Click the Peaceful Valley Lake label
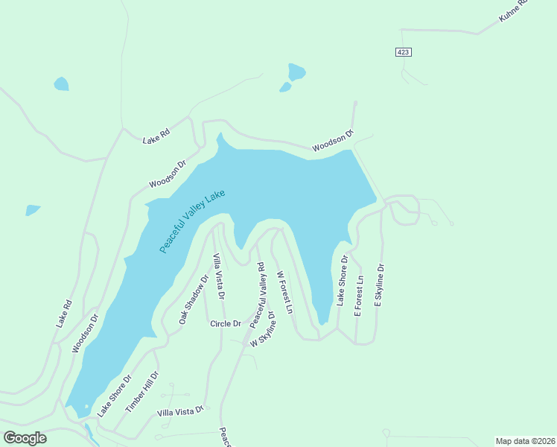192,221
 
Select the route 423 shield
403,52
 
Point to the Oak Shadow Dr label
193,299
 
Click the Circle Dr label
226,323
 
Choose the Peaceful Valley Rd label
258,296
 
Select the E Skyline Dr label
379,285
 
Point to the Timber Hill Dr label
141,392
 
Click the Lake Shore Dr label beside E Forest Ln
342,281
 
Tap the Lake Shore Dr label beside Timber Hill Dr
115,394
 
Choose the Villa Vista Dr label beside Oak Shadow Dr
219,276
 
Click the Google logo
25,438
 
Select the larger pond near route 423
296,72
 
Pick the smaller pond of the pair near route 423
285,87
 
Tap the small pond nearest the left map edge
33,210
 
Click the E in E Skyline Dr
378,304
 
